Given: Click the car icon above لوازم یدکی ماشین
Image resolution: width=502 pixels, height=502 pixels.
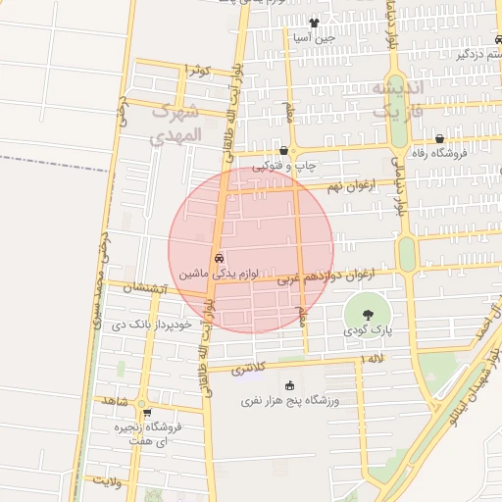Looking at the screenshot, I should tap(218, 258).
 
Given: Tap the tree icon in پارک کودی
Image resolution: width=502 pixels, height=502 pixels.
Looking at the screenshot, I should tap(366, 315).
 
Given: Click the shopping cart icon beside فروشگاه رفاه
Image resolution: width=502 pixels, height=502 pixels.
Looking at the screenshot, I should tap(439, 138).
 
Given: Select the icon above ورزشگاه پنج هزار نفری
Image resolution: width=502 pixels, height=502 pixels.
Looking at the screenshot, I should tap(289, 385).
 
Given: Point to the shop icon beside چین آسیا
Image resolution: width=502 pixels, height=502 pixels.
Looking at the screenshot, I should tap(314, 24).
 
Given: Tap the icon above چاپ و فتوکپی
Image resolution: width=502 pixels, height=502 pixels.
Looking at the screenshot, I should tap(284, 151).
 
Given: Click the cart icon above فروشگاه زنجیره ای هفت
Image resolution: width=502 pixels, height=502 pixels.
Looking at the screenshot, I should tap(147, 412).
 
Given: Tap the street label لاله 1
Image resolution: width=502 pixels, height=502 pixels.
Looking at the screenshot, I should tap(376, 361).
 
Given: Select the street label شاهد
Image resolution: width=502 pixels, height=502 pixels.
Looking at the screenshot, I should tap(115, 402).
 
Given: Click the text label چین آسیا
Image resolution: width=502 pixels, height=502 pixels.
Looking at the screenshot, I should tap(314, 38).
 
